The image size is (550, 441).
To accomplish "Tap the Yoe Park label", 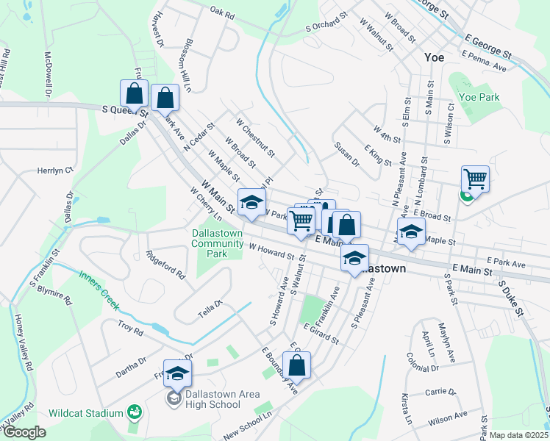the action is pyautogui.click(x=479, y=97).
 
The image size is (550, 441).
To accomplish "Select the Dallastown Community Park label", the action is pyautogui.click(x=218, y=243).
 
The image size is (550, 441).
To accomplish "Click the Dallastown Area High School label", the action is pyautogui.click(x=213, y=399).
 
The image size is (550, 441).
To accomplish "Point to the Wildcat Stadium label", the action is pyautogui.click(x=86, y=413).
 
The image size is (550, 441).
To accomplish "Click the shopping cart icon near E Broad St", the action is pyautogui.click(x=476, y=178).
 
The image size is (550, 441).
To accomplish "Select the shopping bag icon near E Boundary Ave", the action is pyautogui.click(x=297, y=365).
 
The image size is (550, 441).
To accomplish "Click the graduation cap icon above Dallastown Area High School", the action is pyautogui.click(x=177, y=373).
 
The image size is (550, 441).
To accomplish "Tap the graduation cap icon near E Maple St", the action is pyautogui.click(x=412, y=231).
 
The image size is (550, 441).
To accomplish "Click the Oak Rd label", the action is pyautogui.click(x=221, y=12).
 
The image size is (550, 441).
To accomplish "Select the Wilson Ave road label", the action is pyautogui.click(x=449, y=416).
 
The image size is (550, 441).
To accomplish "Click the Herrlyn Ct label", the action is pyautogui.click(x=56, y=170).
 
